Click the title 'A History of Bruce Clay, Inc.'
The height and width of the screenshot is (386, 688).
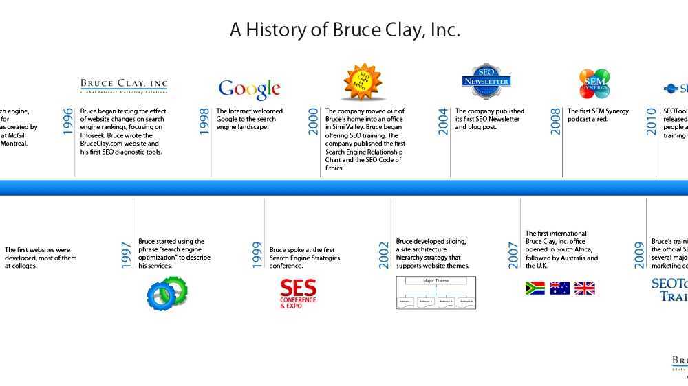pos(344,30)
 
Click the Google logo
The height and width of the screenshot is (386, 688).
pos(249,89)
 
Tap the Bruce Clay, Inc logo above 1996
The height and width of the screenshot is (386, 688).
pos(124,86)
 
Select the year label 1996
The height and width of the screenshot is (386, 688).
pos(67,121)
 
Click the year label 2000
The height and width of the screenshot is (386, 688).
pos(314,121)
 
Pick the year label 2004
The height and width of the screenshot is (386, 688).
pos(444,121)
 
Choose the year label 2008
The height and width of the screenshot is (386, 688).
pos(556,121)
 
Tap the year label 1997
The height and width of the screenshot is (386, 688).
pos(127,255)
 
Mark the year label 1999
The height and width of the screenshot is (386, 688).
pos(257,255)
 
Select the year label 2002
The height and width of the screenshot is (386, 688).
pos(385,255)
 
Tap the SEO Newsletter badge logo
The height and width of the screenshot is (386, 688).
pos(486,81)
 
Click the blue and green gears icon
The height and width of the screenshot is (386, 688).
pos(167,293)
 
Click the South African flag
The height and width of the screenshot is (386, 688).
pos(535,288)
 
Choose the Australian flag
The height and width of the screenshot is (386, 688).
pos(559,288)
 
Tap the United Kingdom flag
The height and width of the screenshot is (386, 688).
pos(584,288)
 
